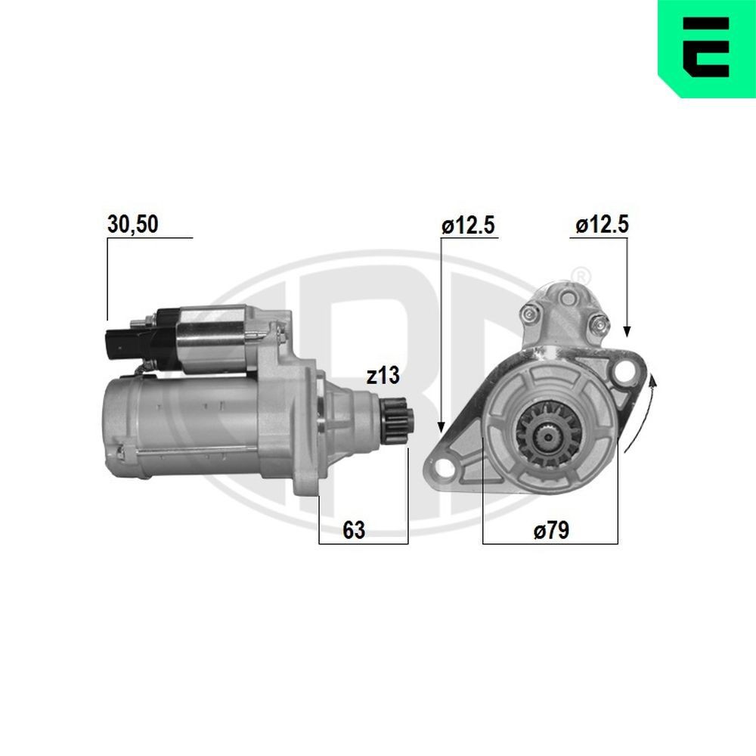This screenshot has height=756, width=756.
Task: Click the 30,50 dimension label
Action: pyautogui.click(x=132, y=225)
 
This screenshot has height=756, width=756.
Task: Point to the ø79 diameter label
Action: pyautogui.click(x=550, y=531)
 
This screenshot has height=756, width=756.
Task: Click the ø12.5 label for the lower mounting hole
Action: pyautogui.click(x=469, y=225)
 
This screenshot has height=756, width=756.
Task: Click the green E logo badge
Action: pyautogui.click(x=706, y=49)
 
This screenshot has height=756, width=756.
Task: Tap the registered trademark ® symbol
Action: pyautogui.click(x=581, y=273)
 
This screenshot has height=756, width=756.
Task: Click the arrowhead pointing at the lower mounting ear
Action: pyautogui.click(x=441, y=427)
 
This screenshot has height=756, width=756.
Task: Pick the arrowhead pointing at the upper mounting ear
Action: pyautogui.click(x=626, y=331)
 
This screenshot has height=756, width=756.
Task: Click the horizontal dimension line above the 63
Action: pyautogui.click(x=363, y=543)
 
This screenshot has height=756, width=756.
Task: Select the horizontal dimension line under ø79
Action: pyautogui.click(x=550, y=543)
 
